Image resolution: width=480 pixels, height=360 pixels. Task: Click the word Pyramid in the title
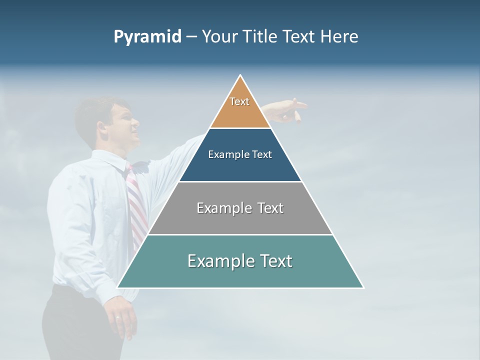[x=147, y=37]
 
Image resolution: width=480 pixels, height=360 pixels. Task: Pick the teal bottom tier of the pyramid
[x=240, y=275]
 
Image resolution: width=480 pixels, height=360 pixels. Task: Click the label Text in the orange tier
[x=239, y=101]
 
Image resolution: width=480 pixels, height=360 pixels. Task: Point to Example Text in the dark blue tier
[x=240, y=154]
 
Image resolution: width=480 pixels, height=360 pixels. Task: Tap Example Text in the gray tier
[x=240, y=208]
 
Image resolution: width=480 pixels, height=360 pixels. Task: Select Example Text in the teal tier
[x=240, y=261]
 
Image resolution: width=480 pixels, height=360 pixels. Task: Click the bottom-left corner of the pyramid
[x=118, y=287]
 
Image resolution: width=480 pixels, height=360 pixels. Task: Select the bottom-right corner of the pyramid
[x=363, y=287]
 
